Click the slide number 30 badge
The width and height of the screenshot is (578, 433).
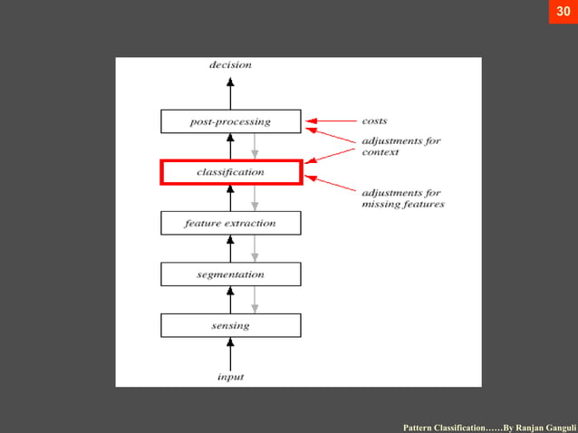pyautogui.click(x=563, y=13)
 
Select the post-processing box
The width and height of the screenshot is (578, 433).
pyautogui.click(x=230, y=120)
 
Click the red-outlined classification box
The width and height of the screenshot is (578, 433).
pyautogui.click(x=230, y=171)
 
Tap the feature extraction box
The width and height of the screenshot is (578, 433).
pyautogui.click(x=230, y=223)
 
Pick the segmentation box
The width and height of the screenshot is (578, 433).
pyautogui.click(x=230, y=274)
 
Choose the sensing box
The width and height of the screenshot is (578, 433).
pyautogui.click(x=230, y=324)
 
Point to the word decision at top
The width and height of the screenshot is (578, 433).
pyautogui.click(x=230, y=65)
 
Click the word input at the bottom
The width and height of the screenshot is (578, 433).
pyautogui.click(x=230, y=376)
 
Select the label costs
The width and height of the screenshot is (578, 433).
pyautogui.click(x=375, y=120)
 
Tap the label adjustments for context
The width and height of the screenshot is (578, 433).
pyautogui.click(x=400, y=147)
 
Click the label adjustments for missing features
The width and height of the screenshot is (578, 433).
pyautogui.click(x=402, y=198)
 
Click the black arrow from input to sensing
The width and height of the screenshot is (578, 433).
pyautogui.click(x=230, y=351)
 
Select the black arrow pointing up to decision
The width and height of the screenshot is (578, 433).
pyautogui.click(x=230, y=91)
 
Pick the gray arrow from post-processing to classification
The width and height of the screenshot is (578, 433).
pyautogui.click(x=255, y=146)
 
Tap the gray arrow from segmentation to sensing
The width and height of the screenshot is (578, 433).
pyautogui.click(x=255, y=299)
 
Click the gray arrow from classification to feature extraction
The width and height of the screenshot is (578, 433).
pyautogui.click(x=255, y=197)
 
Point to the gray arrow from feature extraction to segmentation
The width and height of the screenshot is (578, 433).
pyautogui.click(x=255, y=248)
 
